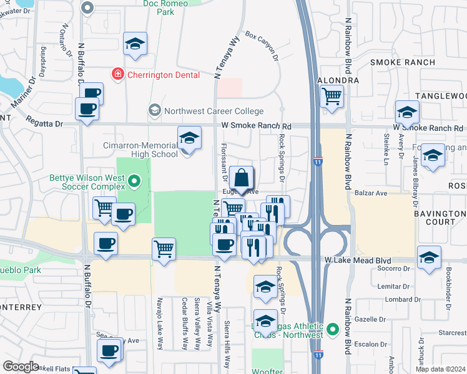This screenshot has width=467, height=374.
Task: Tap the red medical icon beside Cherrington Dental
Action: click(117, 75)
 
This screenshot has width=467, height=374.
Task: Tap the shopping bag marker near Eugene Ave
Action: click(241, 178)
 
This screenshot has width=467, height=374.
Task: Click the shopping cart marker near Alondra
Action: click(332, 97)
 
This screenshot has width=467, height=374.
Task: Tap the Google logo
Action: click(21, 367)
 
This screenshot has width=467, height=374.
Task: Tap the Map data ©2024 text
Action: click(440, 369)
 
